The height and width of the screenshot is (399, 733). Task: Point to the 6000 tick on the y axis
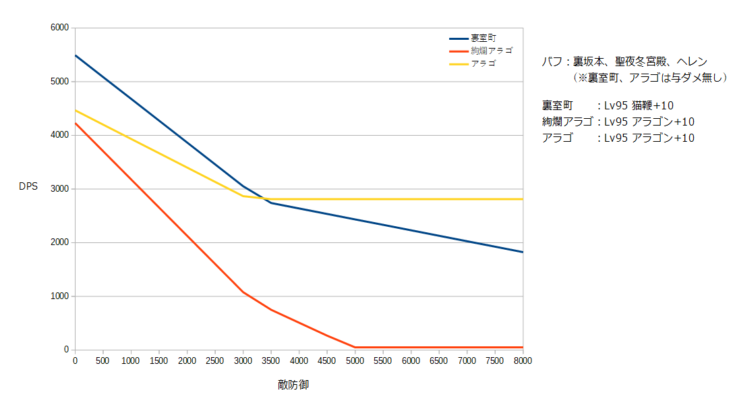(60, 28)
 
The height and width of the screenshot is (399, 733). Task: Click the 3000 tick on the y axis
(60, 189)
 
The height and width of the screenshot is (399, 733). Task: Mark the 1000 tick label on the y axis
(60, 296)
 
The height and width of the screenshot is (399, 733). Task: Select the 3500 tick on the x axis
(270, 361)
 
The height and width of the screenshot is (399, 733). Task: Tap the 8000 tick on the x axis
(523, 361)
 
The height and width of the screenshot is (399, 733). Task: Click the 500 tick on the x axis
(102, 361)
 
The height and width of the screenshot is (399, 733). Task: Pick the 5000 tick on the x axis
(355, 361)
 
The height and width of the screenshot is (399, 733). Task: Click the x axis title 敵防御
(293, 385)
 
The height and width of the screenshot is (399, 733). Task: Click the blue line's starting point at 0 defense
(75, 55)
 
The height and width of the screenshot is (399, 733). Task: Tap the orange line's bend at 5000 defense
(355, 347)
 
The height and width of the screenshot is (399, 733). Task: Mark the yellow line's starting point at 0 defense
(75, 110)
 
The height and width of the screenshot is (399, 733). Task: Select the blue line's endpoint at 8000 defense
(523, 252)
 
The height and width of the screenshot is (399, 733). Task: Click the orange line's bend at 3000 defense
(243, 292)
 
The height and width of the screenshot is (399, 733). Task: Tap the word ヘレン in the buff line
(691, 61)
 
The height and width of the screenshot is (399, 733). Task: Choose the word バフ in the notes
(551, 61)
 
